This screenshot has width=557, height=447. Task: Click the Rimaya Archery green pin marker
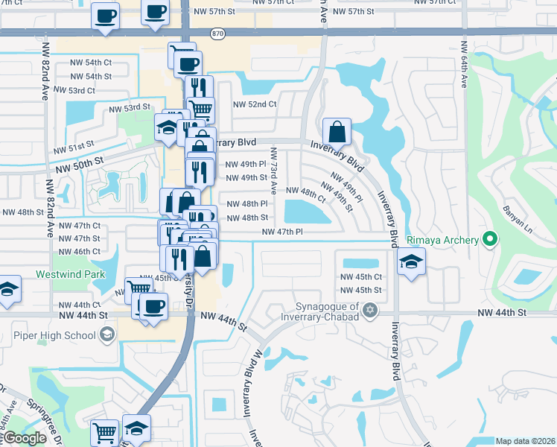click(489, 240)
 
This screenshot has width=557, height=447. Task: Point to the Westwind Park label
click(71, 274)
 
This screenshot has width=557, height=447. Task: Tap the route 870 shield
click(217, 34)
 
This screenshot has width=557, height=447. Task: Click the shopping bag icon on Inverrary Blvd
click(337, 132)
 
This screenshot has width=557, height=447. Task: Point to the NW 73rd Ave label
click(274, 172)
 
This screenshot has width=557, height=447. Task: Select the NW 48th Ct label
click(306, 194)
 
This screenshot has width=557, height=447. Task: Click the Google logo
click(24, 438)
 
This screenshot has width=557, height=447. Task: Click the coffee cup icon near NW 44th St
click(153, 306)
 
